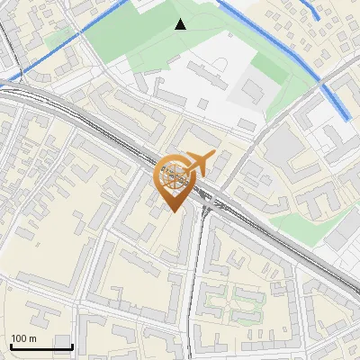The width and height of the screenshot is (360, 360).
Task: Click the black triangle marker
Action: coord(180,24)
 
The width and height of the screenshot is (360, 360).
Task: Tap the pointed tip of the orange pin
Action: coord(173,211)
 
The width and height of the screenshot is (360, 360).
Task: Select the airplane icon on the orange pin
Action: coord(201,163)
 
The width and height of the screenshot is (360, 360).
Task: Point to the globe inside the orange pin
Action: coord(174,174)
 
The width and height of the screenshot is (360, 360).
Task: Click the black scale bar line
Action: coord(41,347)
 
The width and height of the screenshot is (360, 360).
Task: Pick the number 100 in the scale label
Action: coord(19,338)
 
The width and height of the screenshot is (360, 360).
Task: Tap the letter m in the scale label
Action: coord(32,338)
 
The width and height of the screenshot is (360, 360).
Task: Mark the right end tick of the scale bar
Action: coord(72,346)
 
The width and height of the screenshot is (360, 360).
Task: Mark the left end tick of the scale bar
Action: coord(10,346)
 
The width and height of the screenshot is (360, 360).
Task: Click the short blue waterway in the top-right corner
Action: coord(314,10)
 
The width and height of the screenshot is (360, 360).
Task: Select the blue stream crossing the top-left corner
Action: coord(63,49)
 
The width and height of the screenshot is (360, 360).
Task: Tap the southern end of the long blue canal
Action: coord(348,117)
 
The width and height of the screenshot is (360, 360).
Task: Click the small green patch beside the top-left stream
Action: coord(58,36)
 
